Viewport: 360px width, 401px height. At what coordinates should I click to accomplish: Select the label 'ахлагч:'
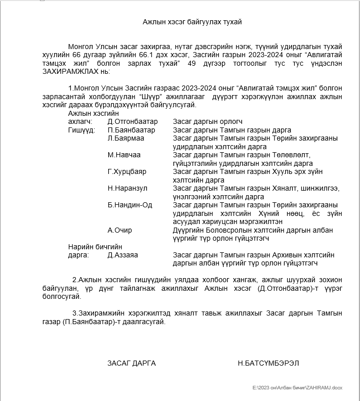click(80, 121)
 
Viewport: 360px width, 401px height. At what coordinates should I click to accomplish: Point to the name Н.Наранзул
click(127, 188)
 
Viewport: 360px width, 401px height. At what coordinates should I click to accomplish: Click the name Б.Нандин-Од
click(130, 205)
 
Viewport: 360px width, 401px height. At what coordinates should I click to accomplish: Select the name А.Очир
click(120, 230)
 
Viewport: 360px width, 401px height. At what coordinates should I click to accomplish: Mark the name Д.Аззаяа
click(123, 255)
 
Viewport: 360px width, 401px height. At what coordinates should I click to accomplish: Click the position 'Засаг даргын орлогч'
click(208, 121)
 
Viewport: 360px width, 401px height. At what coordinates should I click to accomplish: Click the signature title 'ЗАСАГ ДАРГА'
click(131, 363)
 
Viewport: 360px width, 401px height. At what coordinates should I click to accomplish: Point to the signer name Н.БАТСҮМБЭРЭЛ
click(272, 363)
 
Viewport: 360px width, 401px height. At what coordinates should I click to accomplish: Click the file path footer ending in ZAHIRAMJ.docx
click(297, 387)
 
